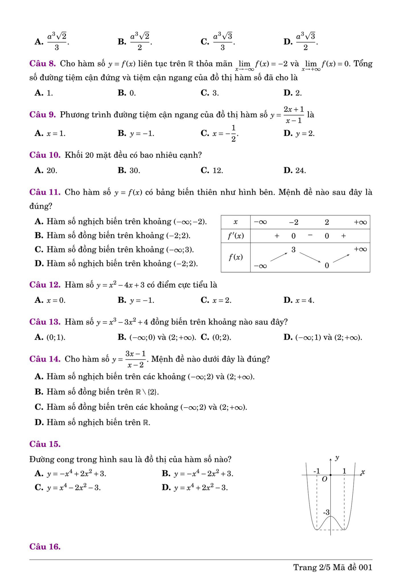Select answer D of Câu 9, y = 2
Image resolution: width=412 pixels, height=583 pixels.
click(x=299, y=133)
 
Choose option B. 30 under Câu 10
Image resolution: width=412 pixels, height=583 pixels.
click(x=129, y=170)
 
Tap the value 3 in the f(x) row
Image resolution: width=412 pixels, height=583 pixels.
click(x=293, y=250)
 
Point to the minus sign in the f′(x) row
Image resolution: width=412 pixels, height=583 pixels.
click(x=310, y=235)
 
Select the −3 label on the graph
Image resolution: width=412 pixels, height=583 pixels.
click(x=326, y=512)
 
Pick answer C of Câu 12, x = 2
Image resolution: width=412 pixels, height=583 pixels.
click(x=216, y=300)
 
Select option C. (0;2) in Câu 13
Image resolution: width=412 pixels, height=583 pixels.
click(x=216, y=337)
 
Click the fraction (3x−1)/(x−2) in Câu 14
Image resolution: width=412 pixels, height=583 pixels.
click(x=135, y=359)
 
